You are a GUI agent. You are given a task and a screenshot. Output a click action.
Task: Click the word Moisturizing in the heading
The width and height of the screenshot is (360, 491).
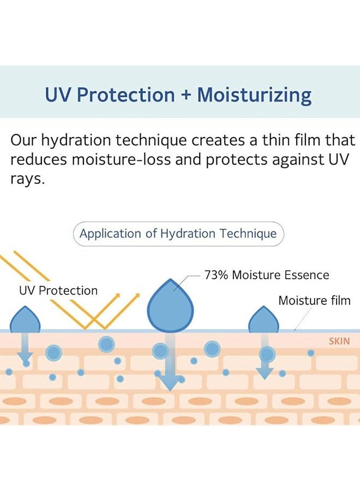pos(254,95)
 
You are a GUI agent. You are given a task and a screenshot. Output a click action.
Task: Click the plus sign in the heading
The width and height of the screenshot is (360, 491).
pos(185,95)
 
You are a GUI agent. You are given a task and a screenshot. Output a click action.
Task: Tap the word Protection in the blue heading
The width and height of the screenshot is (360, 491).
pos(126,95)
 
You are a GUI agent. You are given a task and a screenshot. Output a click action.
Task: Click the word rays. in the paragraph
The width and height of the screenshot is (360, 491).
pos(27,179)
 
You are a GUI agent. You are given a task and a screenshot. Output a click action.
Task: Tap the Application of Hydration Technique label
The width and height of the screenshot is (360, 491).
pos(178,234)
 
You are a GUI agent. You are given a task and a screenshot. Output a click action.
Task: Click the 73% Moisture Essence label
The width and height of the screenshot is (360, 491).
pos(267,275)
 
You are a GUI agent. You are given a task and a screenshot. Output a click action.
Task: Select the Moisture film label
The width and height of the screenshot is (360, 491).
pos(314,301)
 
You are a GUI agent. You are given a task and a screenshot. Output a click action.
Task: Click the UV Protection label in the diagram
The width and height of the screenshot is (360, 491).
pos(58,291)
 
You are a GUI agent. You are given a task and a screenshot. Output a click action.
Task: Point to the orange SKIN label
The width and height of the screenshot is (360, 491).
pos(339,342)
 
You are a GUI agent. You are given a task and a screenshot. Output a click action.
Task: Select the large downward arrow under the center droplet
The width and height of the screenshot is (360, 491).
pos(171,371)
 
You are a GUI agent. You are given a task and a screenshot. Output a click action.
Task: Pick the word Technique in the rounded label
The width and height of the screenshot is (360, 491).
pos(248,234)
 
